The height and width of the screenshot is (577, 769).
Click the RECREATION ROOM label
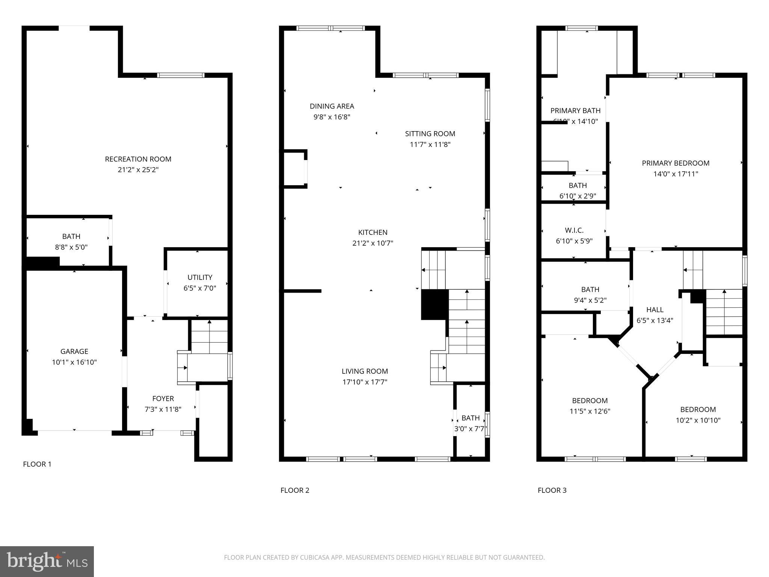[x=138, y=159]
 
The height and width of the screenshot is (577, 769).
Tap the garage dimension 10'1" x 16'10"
[x=74, y=362]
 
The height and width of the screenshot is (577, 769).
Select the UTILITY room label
[x=200, y=277]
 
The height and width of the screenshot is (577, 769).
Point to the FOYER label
[x=163, y=399]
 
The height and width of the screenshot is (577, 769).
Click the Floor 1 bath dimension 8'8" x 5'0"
[x=71, y=247]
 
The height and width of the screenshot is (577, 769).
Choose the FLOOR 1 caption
[x=37, y=464]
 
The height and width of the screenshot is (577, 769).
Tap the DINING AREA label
[x=332, y=106]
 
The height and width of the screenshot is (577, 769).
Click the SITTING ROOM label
[x=430, y=134]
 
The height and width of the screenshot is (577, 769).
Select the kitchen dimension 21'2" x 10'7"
[x=372, y=243]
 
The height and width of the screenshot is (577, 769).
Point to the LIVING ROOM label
[x=365, y=371]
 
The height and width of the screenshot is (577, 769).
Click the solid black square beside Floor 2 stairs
[x=434, y=304]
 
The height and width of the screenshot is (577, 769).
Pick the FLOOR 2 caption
[x=295, y=490]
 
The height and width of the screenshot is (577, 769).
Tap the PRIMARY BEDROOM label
[x=676, y=163]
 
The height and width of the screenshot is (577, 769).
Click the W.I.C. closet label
[x=574, y=230]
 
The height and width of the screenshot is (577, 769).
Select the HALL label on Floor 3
[x=655, y=310]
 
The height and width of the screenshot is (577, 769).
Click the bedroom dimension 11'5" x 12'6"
[x=590, y=411]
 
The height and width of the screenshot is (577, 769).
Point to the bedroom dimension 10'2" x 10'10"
[x=698, y=420]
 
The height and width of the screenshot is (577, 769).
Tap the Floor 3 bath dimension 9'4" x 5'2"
[x=590, y=300]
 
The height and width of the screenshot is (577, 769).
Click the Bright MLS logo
[x=47, y=562]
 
